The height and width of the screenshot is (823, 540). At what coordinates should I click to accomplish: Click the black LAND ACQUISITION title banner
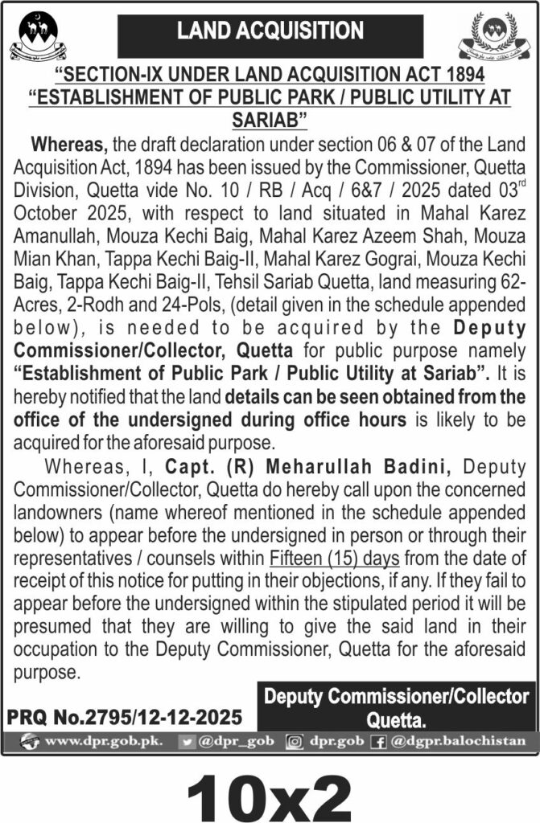point(270,33)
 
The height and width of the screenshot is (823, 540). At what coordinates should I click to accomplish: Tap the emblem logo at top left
point(39,37)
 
